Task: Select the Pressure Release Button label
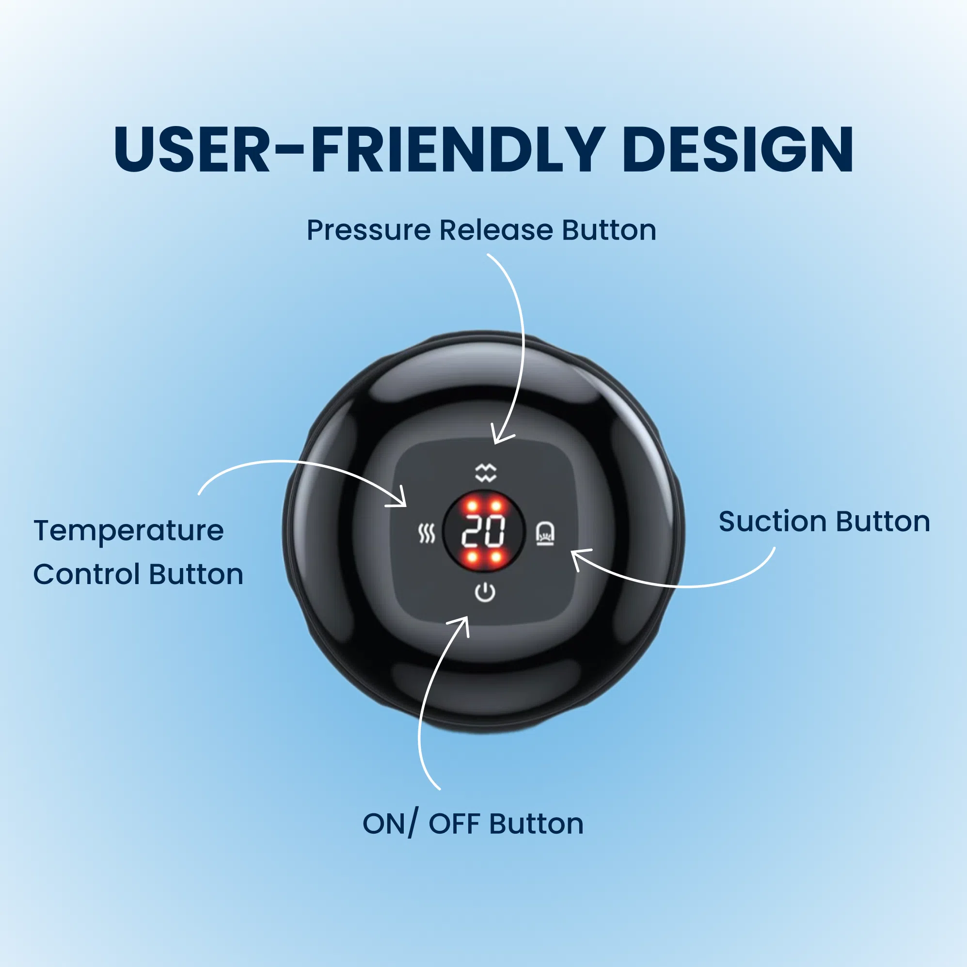(481, 230)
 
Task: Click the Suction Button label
(824, 522)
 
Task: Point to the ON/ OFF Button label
(473, 824)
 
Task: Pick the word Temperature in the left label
(128, 531)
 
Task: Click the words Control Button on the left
(138, 574)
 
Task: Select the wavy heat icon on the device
(427, 534)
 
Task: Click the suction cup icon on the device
(545, 533)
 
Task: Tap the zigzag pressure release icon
(486, 472)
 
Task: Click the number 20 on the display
(484, 531)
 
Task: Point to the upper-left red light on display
(472, 506)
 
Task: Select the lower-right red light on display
(496, 556)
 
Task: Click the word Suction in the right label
(773, 522)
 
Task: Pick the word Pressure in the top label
(369, 230)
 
